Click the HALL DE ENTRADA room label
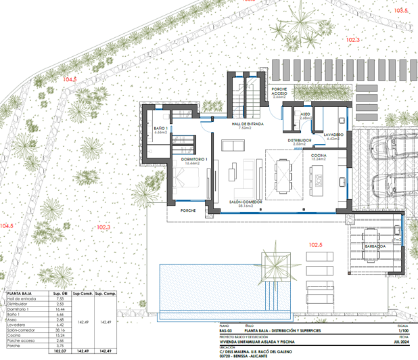pos(247,125)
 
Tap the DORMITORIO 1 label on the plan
pos(195,160)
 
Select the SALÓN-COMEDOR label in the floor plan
pos(245,202)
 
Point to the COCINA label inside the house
pos(319,156)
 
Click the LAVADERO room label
pos(334,135)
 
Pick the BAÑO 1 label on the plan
pos(160,129)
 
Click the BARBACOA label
pos(375,247)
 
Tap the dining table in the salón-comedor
pos(281,175)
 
